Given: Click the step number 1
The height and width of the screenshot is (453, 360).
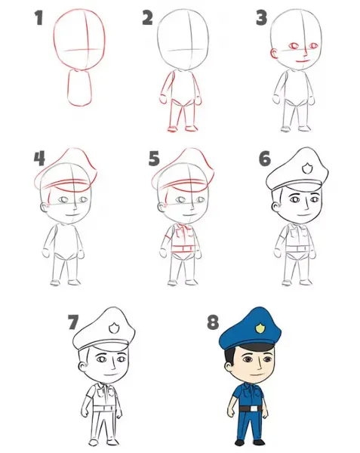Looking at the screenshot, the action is coord(38,18).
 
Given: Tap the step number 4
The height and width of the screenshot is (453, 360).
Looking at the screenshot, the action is coord(39,159).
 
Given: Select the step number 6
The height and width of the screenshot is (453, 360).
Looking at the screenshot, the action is coord(265,159).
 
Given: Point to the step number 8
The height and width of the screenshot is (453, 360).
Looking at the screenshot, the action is coord(213,322).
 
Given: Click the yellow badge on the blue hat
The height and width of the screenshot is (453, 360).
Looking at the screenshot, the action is coord(260,328).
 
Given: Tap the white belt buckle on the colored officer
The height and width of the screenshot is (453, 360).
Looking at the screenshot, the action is coord(254,408).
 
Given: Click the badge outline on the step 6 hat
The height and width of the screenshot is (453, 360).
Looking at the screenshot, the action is coord(306,168).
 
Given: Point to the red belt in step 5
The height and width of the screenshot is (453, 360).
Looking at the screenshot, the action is coord(184,248).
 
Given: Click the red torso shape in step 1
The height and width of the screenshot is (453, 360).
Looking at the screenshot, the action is coord(80,88).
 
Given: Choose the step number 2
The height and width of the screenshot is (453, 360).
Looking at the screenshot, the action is coord(147,18).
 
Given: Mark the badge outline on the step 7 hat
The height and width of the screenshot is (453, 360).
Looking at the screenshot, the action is coord(113,328).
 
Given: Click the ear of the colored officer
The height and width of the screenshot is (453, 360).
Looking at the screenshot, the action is coord(228,367).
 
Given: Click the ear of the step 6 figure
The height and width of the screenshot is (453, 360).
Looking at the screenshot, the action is coord(275,205).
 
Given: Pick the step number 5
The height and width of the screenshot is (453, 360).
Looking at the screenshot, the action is coord(154,159).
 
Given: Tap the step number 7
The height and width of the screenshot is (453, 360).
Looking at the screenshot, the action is coord(73,322).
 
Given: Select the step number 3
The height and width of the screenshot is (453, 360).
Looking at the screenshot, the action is coord(262,18).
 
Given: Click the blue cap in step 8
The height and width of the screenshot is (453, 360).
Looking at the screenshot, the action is coord(251,328).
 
